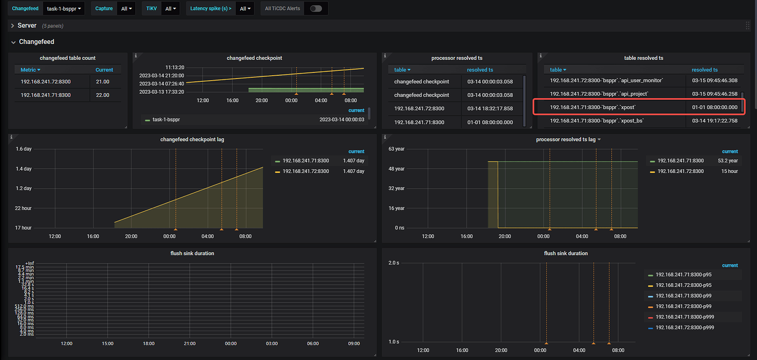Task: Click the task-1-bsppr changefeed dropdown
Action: [64, 9]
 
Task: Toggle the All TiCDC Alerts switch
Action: [316, 9]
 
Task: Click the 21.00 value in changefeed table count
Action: [103, 81]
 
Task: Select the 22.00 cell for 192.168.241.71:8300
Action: [103, 95]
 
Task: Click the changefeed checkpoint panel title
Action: [254, 58]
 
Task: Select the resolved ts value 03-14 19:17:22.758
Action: [714, 121]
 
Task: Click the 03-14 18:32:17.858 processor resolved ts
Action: [490, 109]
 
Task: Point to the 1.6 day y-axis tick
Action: [24, 149]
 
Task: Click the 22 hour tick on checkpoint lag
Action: [23, 208]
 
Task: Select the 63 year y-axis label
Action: [396, 149]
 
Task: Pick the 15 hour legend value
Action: [730, 171]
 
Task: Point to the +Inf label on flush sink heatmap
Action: [30, 263]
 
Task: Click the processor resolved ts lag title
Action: [566, 139]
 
